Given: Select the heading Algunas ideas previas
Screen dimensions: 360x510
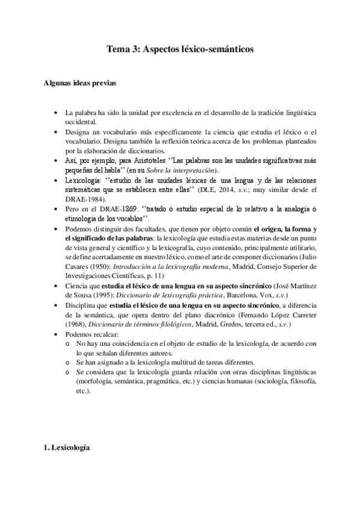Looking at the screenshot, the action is [76, 84].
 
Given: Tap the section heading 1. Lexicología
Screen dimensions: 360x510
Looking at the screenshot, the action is [67, 448].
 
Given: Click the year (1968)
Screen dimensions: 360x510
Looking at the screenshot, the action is [79, 325].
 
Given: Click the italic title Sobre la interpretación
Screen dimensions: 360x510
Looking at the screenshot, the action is [186, 171].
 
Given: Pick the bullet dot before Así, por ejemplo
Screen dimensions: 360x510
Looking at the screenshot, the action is [56, 161].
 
